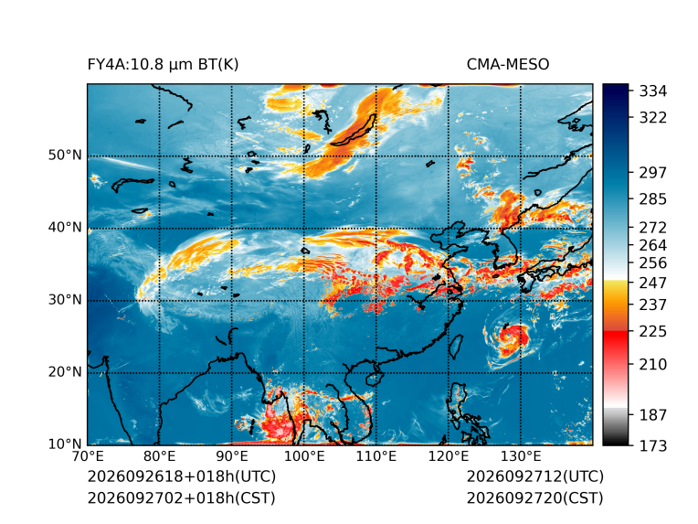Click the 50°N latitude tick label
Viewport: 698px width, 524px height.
pyautogui.click(x=65, y=155)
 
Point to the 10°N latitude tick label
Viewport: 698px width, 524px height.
pyautogui.click(x=65, y=444)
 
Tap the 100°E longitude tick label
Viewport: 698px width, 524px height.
pyautogui.click(x=304, y=456)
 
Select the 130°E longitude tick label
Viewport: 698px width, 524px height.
pyautogui.click(x=521, y=456)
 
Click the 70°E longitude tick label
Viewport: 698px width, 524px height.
pyautogui.click(x=88, y=456)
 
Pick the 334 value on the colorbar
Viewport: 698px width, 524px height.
pyautogui.click(x=653, y=91)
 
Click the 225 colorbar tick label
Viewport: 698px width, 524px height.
pyautogui.click(x=653, y=332)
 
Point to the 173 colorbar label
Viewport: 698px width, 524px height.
pyautogui.click(x=653, y=445)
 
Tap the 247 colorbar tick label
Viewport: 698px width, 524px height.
pyautogui.click(x=653, y=283)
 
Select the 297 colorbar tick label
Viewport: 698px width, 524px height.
pyautogui.click(x=653, y=173)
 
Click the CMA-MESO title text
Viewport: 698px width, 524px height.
pyautogui.click(x=508, y=65)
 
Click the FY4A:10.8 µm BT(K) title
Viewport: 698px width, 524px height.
pyautogui.click(x=163, y=65)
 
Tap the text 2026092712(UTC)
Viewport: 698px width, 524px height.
pyautogui.click(x=535, y=476)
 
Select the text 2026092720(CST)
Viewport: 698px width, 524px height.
pyautogui.click(x=535, y=498)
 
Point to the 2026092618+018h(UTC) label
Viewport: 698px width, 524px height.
pyautogui.click(x=182, y=476)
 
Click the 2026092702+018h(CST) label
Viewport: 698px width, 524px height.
pyautogui.click(x=182, y=498)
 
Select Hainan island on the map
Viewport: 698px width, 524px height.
pyautogui.click(x=375, y=380)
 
